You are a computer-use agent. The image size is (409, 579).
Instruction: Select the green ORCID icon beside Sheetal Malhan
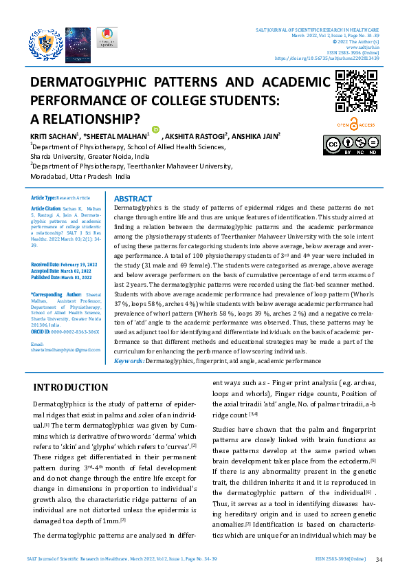tap(155, 129)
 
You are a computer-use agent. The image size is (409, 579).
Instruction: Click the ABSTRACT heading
tap(133, 198)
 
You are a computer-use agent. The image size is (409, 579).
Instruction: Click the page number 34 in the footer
tap(379, 560)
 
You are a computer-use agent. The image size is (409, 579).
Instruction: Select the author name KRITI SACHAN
tap(53, 136)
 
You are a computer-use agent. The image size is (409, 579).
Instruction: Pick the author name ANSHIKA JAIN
tap(255, 136)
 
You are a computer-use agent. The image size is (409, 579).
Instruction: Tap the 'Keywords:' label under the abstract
tap(129, 360)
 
